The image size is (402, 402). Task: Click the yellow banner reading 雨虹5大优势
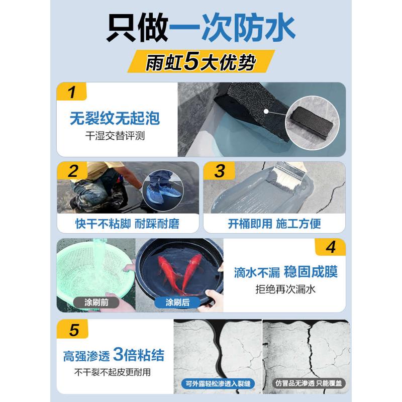pyautogui.click(x=200, y=61)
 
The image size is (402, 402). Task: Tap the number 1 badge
pyautogui.click(x=72, y=92)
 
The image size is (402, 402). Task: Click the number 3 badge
pyautogui.click(x=220, y=171)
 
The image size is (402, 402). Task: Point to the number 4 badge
pyautogui.click(x=330, y=247)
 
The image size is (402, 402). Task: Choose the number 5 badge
pyautogui.click(x=73, y=330)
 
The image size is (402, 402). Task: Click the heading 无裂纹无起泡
pyautogui.click(x=115, y=119)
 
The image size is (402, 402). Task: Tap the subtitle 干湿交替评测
pyautogui.click(x=115, y=136)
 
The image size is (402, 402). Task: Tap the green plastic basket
pyautogui.click(x=95, y=266)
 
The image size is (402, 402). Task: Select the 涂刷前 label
pyautogui.click(x=96, y=303)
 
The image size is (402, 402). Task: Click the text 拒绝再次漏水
pyautogui.click(x=285, y=289)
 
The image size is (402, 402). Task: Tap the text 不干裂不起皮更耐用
pyautogui.click(x=113, y=372)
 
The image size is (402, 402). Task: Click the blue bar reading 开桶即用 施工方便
pyautogui.click(x=274, y=224)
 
